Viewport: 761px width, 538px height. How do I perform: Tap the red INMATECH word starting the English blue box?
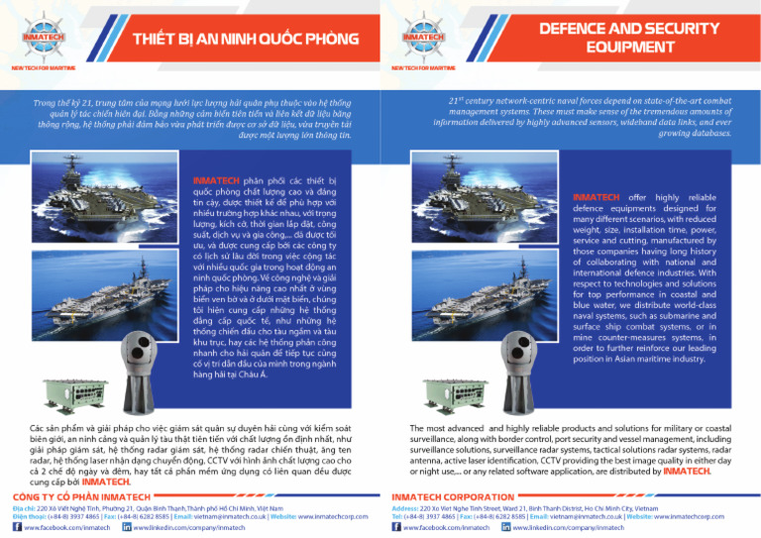click(x=598, y=197)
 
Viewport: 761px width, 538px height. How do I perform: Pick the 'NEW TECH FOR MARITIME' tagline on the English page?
click(x=425, y=68)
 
